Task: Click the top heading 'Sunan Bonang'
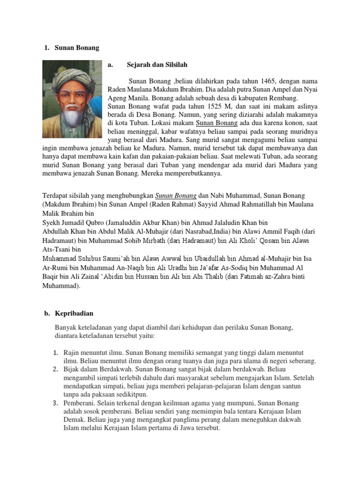(77, 48)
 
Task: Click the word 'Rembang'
(284, 98)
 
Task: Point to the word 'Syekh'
(52, 223)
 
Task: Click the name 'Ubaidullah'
(204, 259)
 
